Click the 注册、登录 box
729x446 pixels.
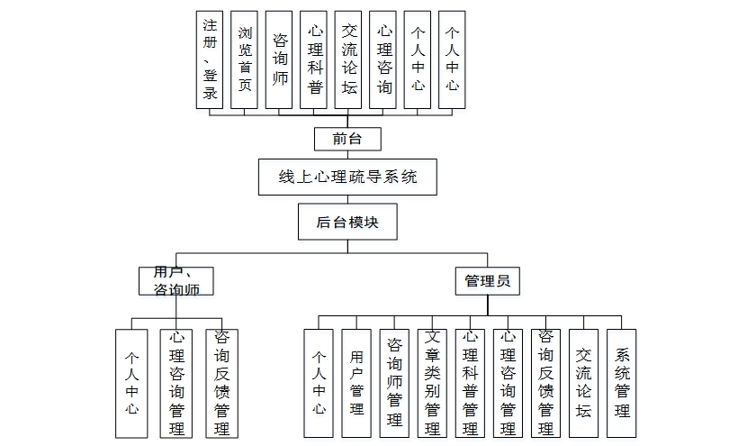click(210, 60)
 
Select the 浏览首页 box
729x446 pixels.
click(245, 60)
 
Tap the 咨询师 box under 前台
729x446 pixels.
click(279, 60)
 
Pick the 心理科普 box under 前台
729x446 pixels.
click(314, 60)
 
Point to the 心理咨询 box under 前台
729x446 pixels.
click(383, 60)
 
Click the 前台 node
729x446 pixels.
click(347, 139)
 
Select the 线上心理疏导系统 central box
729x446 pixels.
click(348, 177)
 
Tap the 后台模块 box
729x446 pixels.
click(347, 223)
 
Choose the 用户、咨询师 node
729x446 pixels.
click(176, 280)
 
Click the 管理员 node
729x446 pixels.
click(487, 280)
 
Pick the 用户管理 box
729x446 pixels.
click(356, 383)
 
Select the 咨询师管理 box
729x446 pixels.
click(394, 383)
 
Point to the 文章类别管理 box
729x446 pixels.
click(432, 383)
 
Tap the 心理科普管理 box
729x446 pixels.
click(470, 383)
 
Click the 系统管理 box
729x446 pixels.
click(622, 383)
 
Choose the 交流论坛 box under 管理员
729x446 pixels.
click(584, 383)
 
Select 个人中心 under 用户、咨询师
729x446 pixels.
click(131, 383)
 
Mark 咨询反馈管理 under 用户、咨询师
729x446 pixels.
click(221, 383)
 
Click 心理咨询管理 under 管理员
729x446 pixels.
click(508, 383)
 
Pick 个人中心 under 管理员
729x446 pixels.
click(319, 383)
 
